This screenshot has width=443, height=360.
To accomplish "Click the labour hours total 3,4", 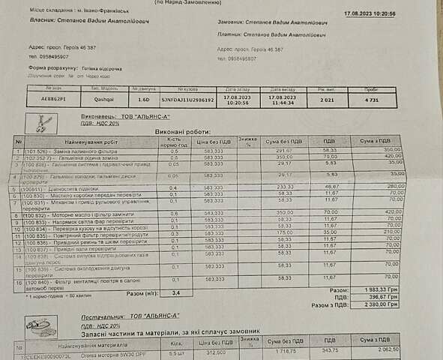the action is coord(176,293).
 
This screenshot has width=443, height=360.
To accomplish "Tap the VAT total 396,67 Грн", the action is coord(391,297).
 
